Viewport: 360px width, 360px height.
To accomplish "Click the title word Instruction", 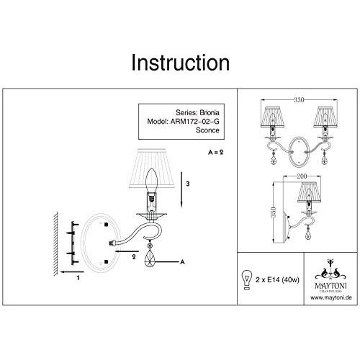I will pyautogui.click(x=180, y=63).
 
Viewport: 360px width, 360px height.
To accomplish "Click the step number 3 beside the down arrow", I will pyautogui.click(x=187, y=184).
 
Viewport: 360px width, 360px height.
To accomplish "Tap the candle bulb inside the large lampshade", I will pyautogui.click(x=153, y=180).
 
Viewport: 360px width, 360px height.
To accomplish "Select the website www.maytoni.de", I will pyautogui.click(x=323, y=294).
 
